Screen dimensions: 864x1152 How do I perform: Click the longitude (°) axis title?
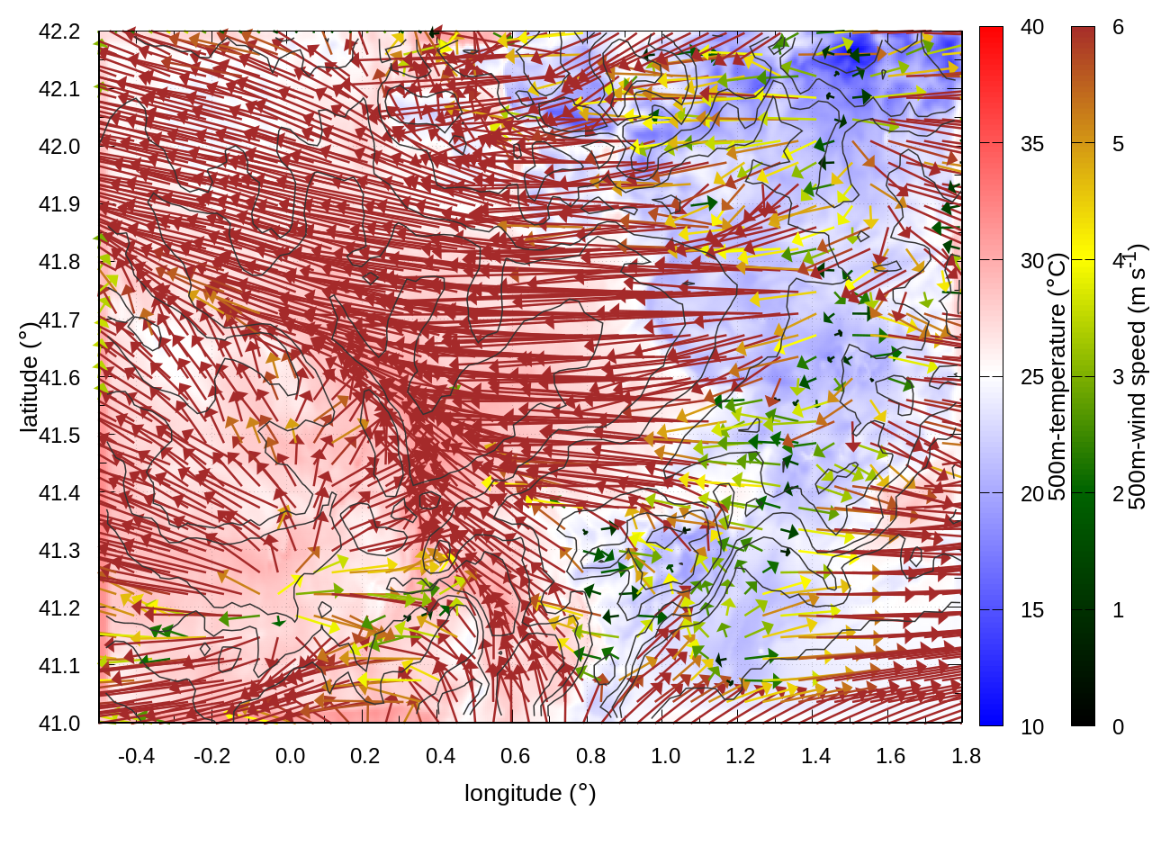[x=530, y=793]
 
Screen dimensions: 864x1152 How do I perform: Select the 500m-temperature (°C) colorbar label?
[x=1057, y=376]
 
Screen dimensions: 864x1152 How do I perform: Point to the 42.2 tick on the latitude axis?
[x=59, y=31]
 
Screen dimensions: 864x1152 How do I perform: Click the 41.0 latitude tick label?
[x=59, y=724]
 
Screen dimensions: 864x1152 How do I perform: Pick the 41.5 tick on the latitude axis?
[x=59, y=436]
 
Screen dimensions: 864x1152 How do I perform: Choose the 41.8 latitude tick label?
[x=59, y=262]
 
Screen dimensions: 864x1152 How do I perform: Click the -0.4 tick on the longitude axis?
[x=137, y=756]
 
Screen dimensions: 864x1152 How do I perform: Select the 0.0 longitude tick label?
[x=290, y=756]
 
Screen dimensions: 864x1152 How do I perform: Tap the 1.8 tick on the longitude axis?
[x=967, y=756]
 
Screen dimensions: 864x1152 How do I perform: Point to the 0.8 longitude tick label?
[x=590, y=756]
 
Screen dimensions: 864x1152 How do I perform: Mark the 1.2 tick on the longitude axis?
[x=741, y=756]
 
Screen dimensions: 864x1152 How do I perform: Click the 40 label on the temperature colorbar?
[x=1032, y=27]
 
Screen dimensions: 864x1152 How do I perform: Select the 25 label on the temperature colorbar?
[x=1032, y=377]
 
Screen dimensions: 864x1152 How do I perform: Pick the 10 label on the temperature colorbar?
[x=1032, y=726]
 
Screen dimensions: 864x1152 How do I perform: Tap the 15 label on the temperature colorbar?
[x=1032, y=610]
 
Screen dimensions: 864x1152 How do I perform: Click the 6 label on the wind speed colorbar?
[x=1118, y=27]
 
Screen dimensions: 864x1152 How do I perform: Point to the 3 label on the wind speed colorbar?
[x=1118, y=377]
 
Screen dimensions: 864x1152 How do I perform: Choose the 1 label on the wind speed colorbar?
[x=1118, y=610]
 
